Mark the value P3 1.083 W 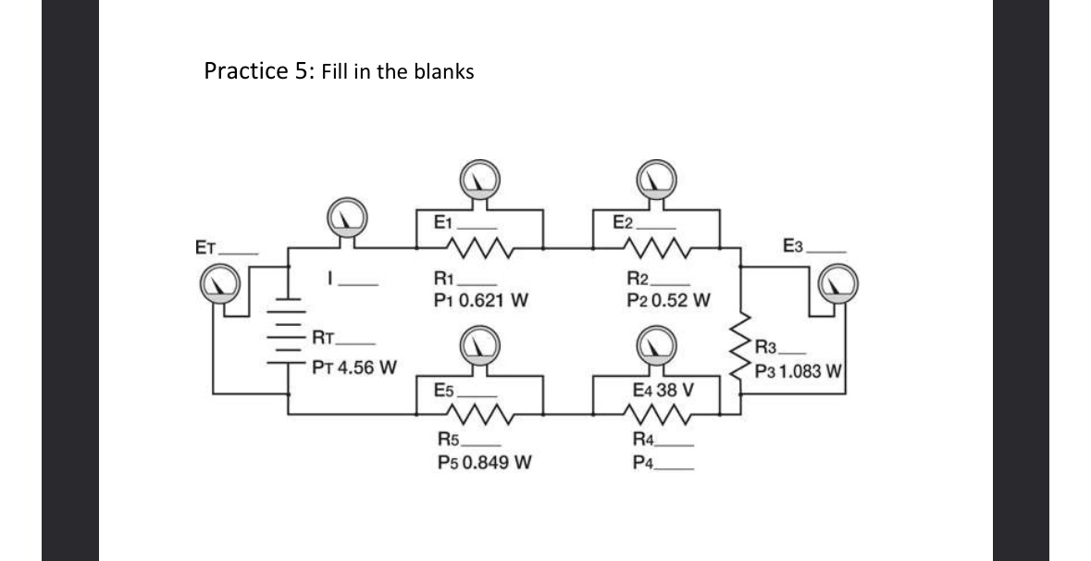pyautogui.click(x=797, y=372)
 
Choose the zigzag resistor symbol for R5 pyautogui.click(x=478, y=414)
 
